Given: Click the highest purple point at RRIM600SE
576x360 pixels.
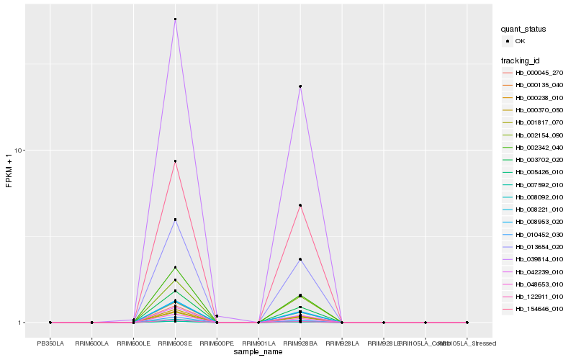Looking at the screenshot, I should pyautogui.click(x=175, y=19).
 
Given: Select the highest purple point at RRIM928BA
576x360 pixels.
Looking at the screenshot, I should pyautogui.click(x=300, y=86).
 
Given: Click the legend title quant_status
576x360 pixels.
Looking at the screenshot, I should pyautogui.click(x=523, y=29).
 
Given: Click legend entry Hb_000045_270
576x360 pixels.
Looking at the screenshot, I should pyautogui.click(x=539, y=73).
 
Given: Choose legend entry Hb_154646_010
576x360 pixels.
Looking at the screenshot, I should pyautogui.click(x=539, y=309).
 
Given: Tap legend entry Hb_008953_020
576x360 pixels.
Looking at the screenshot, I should pyautogui.click(x=539, y=221).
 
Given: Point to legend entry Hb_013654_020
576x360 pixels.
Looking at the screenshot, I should pyautogui.click(x=539, y=246).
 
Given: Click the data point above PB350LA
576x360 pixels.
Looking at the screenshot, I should pyautogui.click(x=50, y=323).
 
